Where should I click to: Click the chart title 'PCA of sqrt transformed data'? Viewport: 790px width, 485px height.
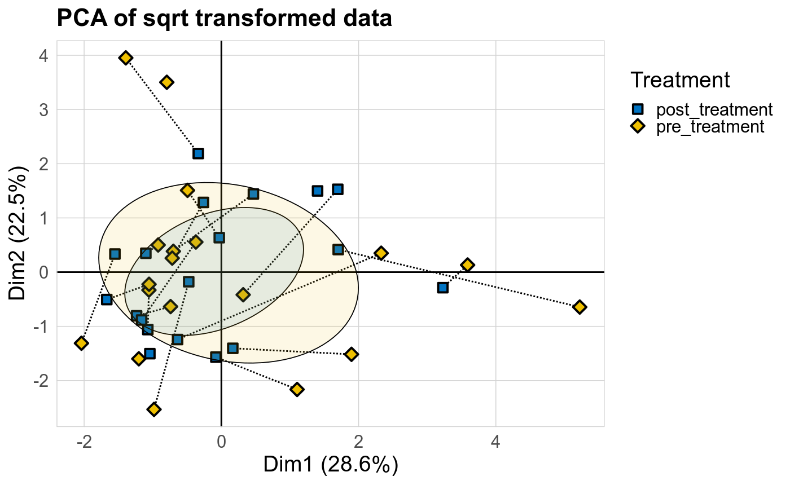click(x=224, y=19)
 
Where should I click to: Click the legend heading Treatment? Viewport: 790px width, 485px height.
click(x=681, y=80)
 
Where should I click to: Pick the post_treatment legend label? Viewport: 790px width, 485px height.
click(x=713, y=109)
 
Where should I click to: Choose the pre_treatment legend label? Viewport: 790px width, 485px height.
click(x=710, y=126)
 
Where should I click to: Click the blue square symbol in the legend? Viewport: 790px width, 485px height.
click(x=638, y=109)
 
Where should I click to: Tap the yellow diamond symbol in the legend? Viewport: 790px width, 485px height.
click(x=638, y=126)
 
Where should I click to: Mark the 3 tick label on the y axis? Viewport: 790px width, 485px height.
click(x=43, y=110)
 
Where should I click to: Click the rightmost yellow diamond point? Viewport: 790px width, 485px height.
click(x=579, y=307)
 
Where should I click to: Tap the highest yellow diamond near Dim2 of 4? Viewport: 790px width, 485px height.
click(x=126, y=58)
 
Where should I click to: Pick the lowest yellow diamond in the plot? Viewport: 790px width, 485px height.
click(x=154, y=409)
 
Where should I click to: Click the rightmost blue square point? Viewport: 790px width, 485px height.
click(x=443, y=288)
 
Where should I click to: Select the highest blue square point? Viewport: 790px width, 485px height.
click(x=198, y=153)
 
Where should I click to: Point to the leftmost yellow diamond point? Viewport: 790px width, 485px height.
click(x=81, y=343)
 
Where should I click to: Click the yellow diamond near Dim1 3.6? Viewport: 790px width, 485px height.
click(x=467, y=265)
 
